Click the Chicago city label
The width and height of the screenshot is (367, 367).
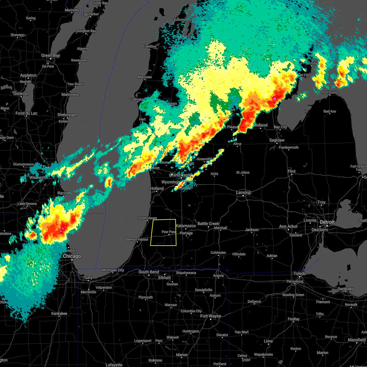(72, 256)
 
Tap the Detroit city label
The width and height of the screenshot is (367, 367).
(328, 222)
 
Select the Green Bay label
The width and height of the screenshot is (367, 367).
(51, 56)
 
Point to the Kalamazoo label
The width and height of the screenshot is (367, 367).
(186, 226)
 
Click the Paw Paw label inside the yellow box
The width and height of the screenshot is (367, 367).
(169, 232)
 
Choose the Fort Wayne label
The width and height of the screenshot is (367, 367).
(211, 316)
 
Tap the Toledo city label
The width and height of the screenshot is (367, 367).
(300, 273)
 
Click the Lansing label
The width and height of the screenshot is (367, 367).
(243, 193)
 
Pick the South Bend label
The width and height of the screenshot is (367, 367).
(149, 272)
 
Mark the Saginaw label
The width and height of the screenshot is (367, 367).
(277, 140)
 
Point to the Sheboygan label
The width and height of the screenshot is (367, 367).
(67, 115)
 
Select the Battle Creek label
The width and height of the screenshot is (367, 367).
(208, 224)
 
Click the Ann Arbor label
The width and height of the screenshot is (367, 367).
(288, 227)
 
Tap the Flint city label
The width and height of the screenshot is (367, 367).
(291, 172)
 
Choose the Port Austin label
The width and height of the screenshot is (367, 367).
(330, 92)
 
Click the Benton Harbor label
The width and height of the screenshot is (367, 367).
(137, 239)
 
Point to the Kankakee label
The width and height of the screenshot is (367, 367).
(59, 313)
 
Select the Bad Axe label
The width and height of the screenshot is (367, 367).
(330, 111)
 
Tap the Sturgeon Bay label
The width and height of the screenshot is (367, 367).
(86, 31)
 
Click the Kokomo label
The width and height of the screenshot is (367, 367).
(155, 360)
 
